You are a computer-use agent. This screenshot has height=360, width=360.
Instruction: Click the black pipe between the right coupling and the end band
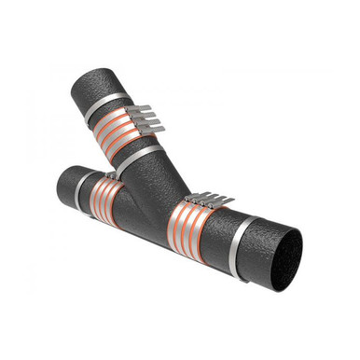pos(227,236)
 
